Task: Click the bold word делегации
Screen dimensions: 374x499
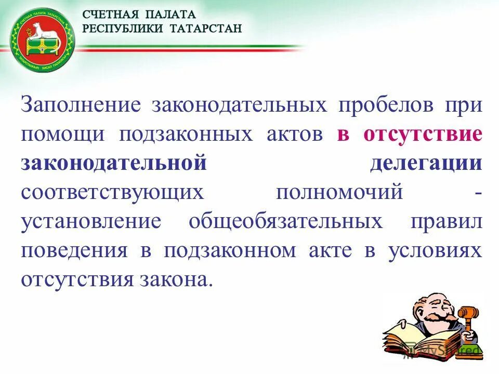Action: coord(426,164)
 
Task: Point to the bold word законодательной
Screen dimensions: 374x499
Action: coord(114,164)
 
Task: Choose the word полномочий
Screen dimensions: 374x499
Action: coord(339,193)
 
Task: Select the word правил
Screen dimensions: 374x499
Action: coord(447,222)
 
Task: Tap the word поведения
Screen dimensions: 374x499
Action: coord(74,251)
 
